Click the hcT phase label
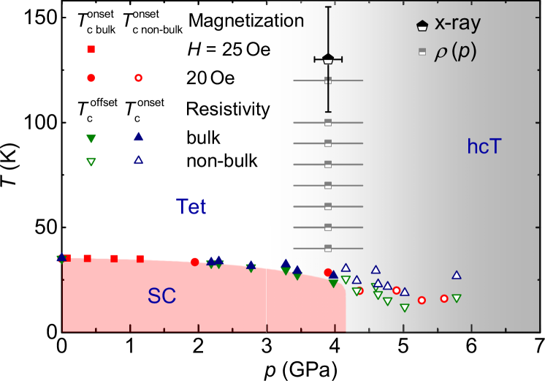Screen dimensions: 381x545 (x=484, y=147)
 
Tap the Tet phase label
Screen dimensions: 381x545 (x=191, y=207)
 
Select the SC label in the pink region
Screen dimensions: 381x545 (x=162, y=295)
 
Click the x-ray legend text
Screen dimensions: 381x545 (x=457, y=23)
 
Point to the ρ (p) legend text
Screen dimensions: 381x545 (x=455, y=52)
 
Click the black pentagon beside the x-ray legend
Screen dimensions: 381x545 (x=422, y=26)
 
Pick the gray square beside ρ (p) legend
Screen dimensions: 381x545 (x=422, y=52)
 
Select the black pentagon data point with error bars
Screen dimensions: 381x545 (x=328, y=59)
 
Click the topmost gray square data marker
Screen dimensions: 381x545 (x=328, y=80)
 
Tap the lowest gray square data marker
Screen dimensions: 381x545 (x=328, y=249)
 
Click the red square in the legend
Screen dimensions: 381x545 (x=91, y=50)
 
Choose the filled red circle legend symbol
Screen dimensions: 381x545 (x=91, y=78)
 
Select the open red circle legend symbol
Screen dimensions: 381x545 (x=138, y=78)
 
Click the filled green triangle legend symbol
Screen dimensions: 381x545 (x=91, y=139)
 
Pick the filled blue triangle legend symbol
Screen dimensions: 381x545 (x=138, y=137)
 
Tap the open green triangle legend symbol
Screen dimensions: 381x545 (x=91, y=162)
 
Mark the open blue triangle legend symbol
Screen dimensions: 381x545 (x=138, y=160)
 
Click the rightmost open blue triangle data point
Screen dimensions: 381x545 (x=457, y=275)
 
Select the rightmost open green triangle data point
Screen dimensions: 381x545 (x=457, y=298)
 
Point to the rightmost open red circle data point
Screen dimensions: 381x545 (x=444, y=298)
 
